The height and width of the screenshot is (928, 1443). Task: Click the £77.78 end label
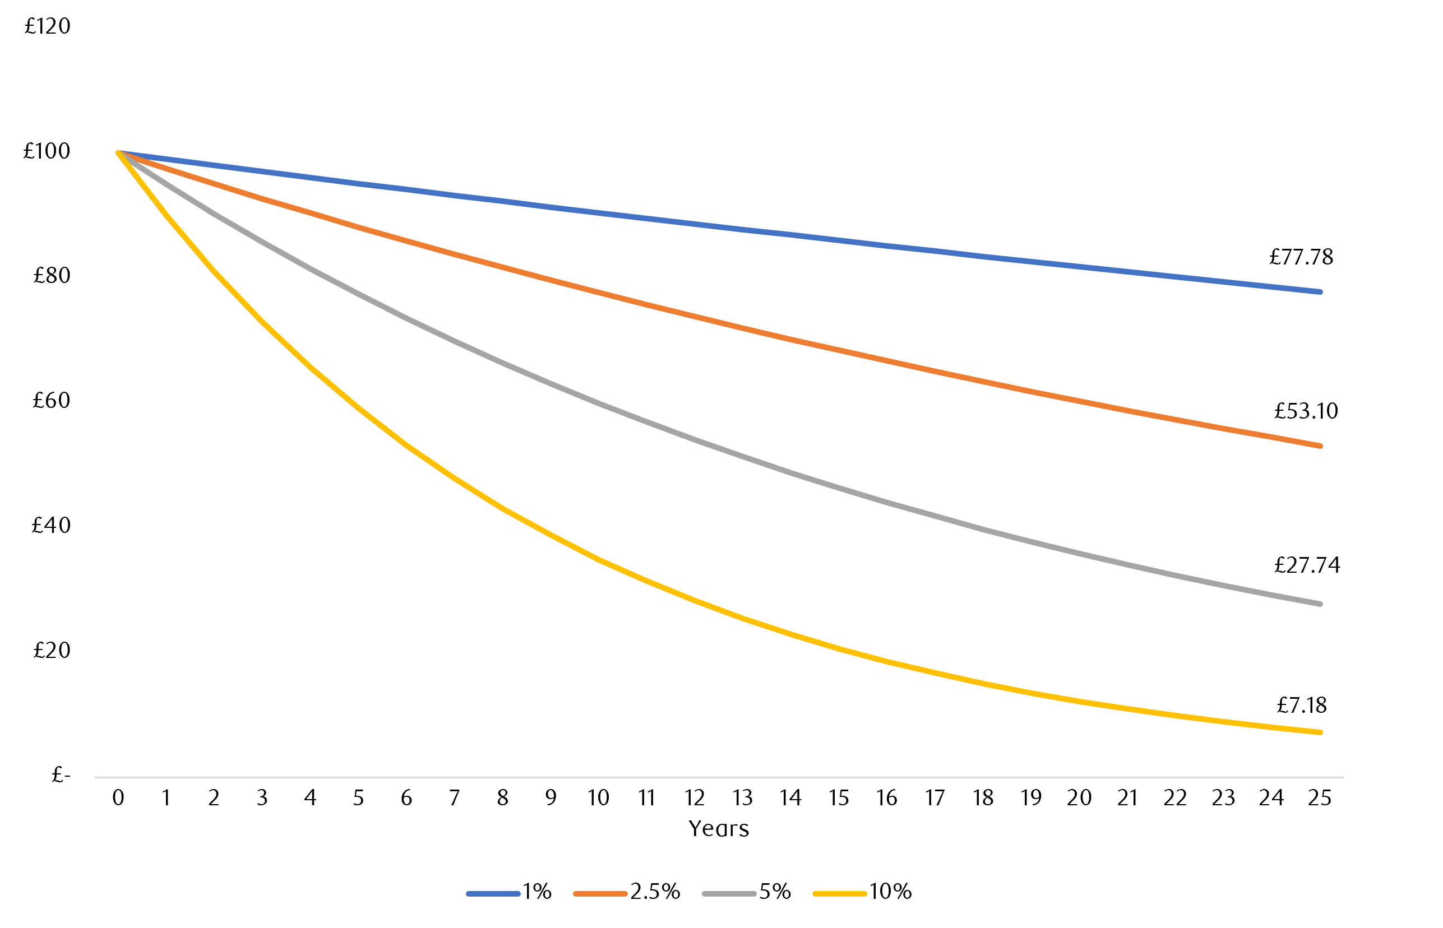(x=1301, y=257)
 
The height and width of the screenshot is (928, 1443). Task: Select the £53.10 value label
(x=1306, y=411)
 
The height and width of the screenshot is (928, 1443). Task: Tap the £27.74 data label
(x=1307, y=565)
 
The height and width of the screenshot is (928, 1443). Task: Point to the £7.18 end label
(x=1301, y=705)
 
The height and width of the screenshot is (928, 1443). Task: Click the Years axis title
(x=719, y=829)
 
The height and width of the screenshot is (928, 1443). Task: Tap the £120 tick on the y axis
(x=47, y=26)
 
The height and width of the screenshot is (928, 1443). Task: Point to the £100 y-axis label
(x=47, y=151)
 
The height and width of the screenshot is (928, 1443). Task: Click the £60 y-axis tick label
(x=51, y=400)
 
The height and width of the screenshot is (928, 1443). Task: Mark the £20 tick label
(x=51, y=650)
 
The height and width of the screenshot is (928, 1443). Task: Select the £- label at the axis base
(x=61, y=775)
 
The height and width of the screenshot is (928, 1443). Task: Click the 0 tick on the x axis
(x=118, y=798)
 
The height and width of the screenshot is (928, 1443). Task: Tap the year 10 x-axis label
(x=599, y=798)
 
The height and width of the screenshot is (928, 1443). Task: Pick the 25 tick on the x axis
(x=1320, y=798)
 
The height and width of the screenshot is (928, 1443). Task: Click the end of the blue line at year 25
(x=1320, y=291)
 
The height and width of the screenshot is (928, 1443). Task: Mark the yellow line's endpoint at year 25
(x=1320, y=732)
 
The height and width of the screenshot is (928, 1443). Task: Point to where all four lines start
(x=118, y=152)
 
